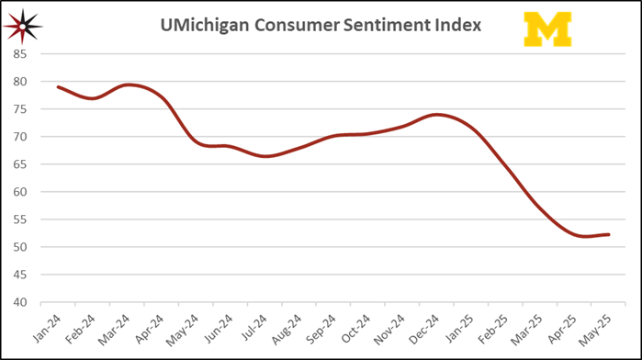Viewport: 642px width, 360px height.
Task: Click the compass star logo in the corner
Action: point(22,27)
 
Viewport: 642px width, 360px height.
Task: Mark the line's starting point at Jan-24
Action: point(58,87)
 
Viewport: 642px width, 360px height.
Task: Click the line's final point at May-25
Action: point(609,234)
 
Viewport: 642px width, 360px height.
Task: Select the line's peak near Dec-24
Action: point(437,115)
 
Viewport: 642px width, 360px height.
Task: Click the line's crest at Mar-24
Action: point(129,84)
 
